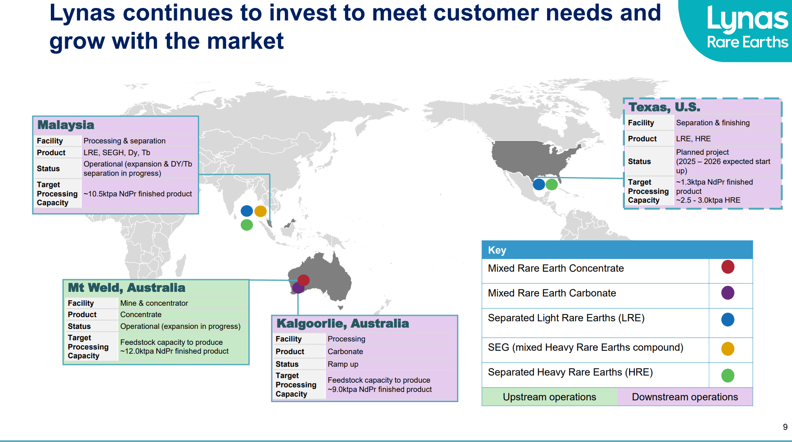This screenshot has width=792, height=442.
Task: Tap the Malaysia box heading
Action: pos(66,125)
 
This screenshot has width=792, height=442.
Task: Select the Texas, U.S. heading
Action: pos(664,107)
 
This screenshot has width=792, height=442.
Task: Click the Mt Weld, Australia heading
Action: pos(126,288)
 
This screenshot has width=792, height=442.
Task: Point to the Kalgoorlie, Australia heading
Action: pos(342,323)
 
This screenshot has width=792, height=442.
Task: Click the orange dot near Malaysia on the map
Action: pos(260,211)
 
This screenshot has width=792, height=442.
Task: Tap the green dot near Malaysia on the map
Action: pos(247,225)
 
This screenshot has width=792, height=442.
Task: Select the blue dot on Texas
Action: pos(539,184)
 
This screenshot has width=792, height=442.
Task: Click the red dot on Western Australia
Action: pos(303,280)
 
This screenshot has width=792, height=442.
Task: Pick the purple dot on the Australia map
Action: pos(298,288)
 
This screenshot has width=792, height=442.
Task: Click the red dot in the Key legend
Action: pos(728,267)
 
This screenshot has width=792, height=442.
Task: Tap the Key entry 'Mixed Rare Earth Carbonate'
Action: pos(552,293)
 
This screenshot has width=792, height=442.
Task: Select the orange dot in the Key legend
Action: pos(728,349)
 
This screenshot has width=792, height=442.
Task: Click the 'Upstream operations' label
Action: pos(549,397)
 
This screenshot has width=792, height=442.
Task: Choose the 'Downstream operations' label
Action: pos(685,397)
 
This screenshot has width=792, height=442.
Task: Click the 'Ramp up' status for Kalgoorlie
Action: pos(343,364)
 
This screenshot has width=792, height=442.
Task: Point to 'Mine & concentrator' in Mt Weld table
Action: pos(154,303)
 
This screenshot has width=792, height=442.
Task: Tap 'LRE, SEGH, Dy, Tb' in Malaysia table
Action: pos(117,153)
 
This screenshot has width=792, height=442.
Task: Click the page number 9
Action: pos(785,427)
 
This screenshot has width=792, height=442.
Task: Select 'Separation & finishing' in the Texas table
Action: pos(713,123)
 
